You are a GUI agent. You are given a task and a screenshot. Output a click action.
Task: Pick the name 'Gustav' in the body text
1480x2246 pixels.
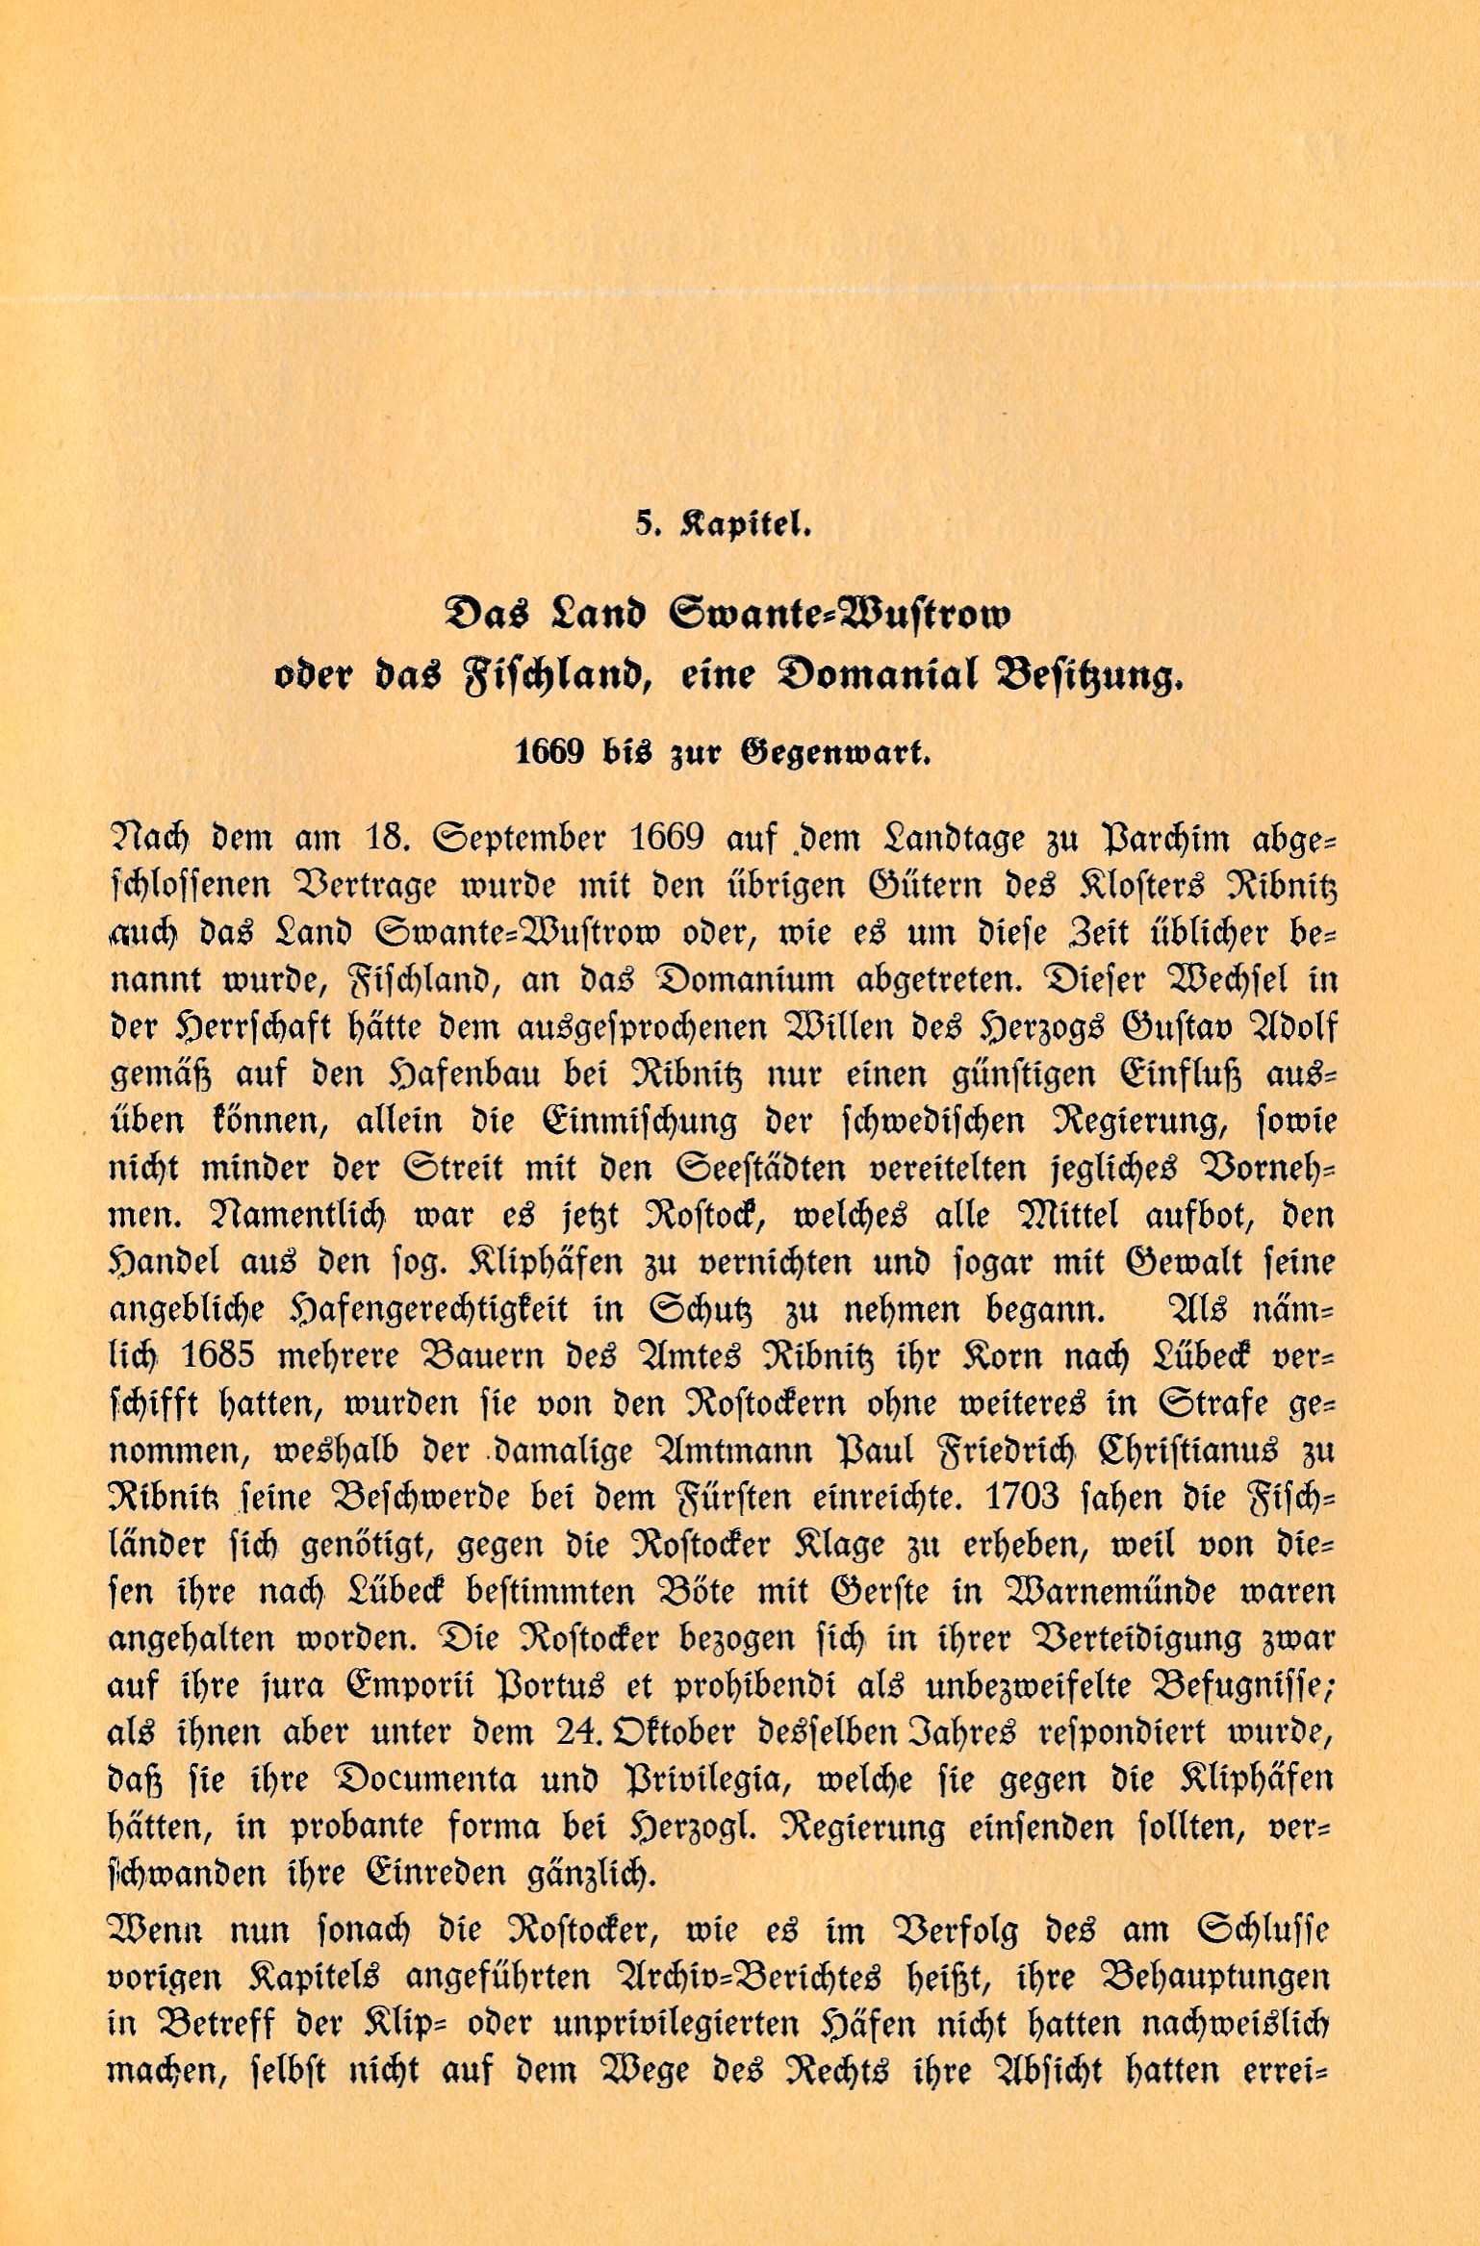pyautogui.click(x=1191, y=1027)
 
